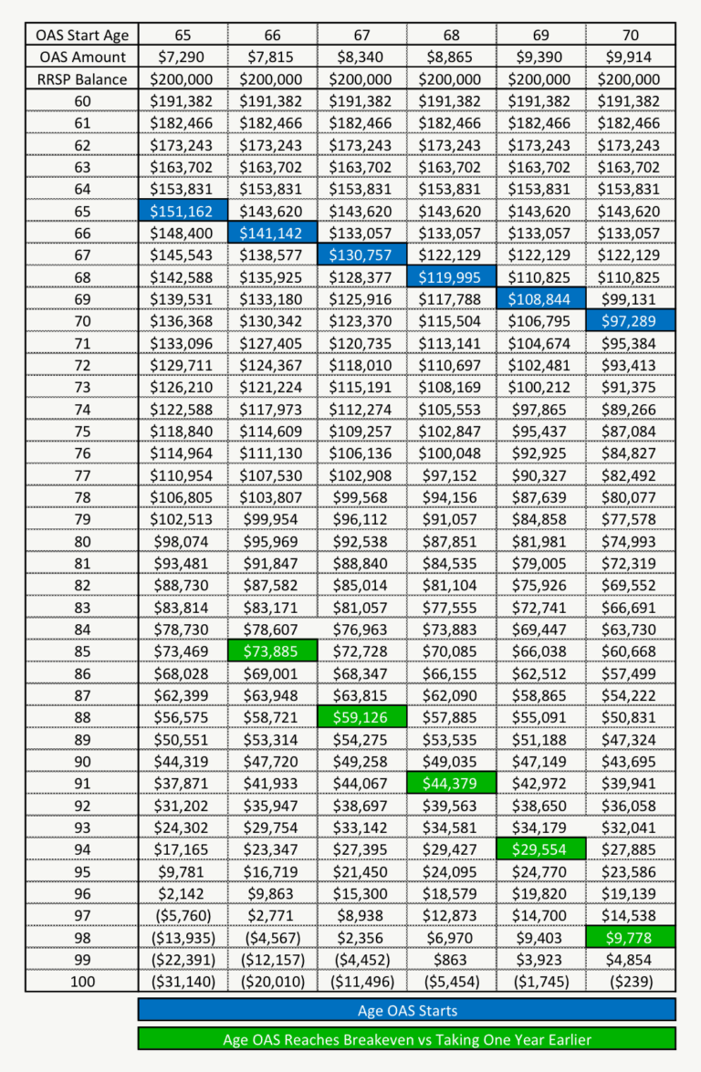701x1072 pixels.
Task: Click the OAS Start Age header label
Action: click(x=83, y=36)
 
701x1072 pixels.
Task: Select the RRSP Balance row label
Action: click(x=83, y=79)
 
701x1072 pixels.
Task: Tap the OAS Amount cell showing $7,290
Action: click(x=182, y=57)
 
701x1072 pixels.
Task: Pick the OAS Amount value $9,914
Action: click(x=631, y=57)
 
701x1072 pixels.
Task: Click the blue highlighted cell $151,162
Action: click(x=182, y=211)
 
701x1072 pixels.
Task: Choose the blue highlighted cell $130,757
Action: click(x=361, y=255)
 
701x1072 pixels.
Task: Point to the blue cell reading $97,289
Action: click(x=631, y=320)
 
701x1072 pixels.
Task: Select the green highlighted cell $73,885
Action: click(x=272, y=650)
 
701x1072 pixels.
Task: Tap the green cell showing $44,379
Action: click(x=451, y=782)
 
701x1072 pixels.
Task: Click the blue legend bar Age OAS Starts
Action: click(x=407, y=1010)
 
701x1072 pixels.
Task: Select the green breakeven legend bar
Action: click(x=407, y=1039)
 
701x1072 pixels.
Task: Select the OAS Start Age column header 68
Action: click(x=451, y=36)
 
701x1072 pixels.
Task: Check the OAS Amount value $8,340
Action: click(x=361, y=57)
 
